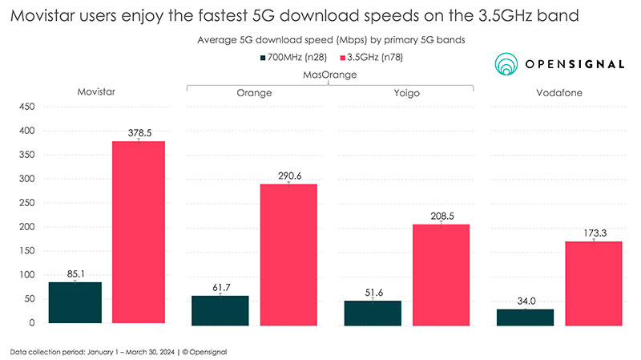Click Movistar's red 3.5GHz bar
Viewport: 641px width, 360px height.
pos(139,233)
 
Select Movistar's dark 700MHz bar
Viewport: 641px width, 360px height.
pos(75,302)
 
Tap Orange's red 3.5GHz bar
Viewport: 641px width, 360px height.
pos(289,253)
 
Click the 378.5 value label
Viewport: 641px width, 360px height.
pos(139,132)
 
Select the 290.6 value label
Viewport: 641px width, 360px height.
pos(289,175)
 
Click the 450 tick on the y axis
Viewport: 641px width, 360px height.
pos(26,107)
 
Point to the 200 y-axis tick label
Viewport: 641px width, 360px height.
pos(26,227)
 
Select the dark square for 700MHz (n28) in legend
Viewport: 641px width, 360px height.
pos(263,58)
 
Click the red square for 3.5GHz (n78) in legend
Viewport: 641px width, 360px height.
pos(346,58)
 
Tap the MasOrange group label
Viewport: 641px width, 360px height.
pos(329,75)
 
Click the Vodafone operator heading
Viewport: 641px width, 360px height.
pos(559,93)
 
